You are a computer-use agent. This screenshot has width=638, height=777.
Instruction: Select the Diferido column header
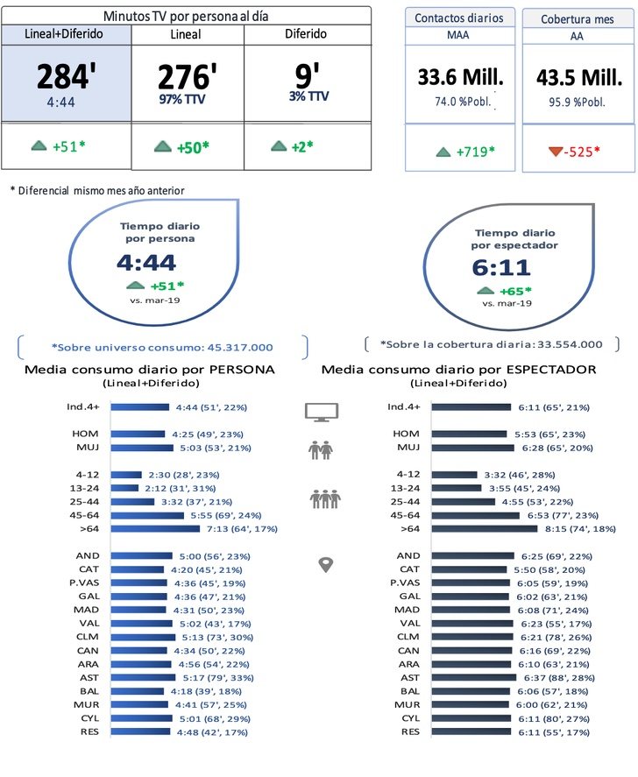[306, 34]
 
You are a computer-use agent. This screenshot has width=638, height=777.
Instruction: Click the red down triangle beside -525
[554, 152]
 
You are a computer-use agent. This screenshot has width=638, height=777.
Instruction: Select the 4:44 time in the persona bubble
[146, 263]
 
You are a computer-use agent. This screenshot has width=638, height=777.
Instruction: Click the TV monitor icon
[321, 412]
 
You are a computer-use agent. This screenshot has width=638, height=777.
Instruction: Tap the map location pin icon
[325, 565]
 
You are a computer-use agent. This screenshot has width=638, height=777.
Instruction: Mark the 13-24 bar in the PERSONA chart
[124, 488]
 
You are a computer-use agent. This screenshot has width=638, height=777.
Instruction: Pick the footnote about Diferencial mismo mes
[97, 190]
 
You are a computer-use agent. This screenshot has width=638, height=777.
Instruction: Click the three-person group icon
[325, 499]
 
